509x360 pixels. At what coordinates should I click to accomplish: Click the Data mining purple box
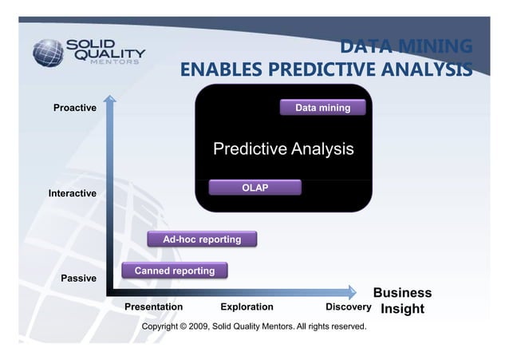[322, 108]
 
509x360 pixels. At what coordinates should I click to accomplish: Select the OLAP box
[254, 188]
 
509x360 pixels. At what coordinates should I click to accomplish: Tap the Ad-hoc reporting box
[202, 239]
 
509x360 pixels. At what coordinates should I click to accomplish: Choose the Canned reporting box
[174, 271]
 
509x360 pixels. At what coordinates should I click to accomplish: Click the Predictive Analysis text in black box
[282, 149]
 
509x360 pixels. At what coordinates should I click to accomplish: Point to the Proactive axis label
[75, 108]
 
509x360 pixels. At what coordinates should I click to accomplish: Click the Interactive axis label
[73, 194]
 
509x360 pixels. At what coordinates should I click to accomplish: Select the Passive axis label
[79, 279]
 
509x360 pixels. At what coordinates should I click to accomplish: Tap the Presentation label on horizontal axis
[154, 307]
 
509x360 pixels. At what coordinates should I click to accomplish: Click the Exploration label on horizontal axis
[247, 307]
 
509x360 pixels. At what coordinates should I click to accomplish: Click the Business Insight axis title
[402, 301]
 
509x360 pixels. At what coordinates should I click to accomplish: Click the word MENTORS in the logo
[116, 61]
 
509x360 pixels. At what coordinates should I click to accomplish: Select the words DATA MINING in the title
[405, 46]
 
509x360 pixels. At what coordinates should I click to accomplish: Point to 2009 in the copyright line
[198, 326]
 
